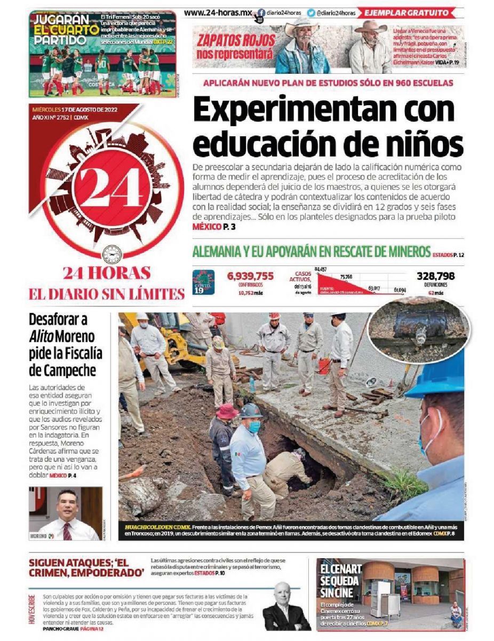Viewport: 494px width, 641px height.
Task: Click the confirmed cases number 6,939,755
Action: click(x=250, y=276)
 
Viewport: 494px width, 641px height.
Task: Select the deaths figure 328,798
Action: click(x=435, y=276)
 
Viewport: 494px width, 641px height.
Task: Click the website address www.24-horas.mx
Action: click(x=218, y=12)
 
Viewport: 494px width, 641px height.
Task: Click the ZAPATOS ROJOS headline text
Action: click(x=236, y=46)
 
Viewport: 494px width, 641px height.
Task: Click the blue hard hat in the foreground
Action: click(x=437, y=377)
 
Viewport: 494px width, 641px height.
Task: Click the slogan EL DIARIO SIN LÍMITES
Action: click(x=106, y=293)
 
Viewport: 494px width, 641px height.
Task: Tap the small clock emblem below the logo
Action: click(x=111, y=254)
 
